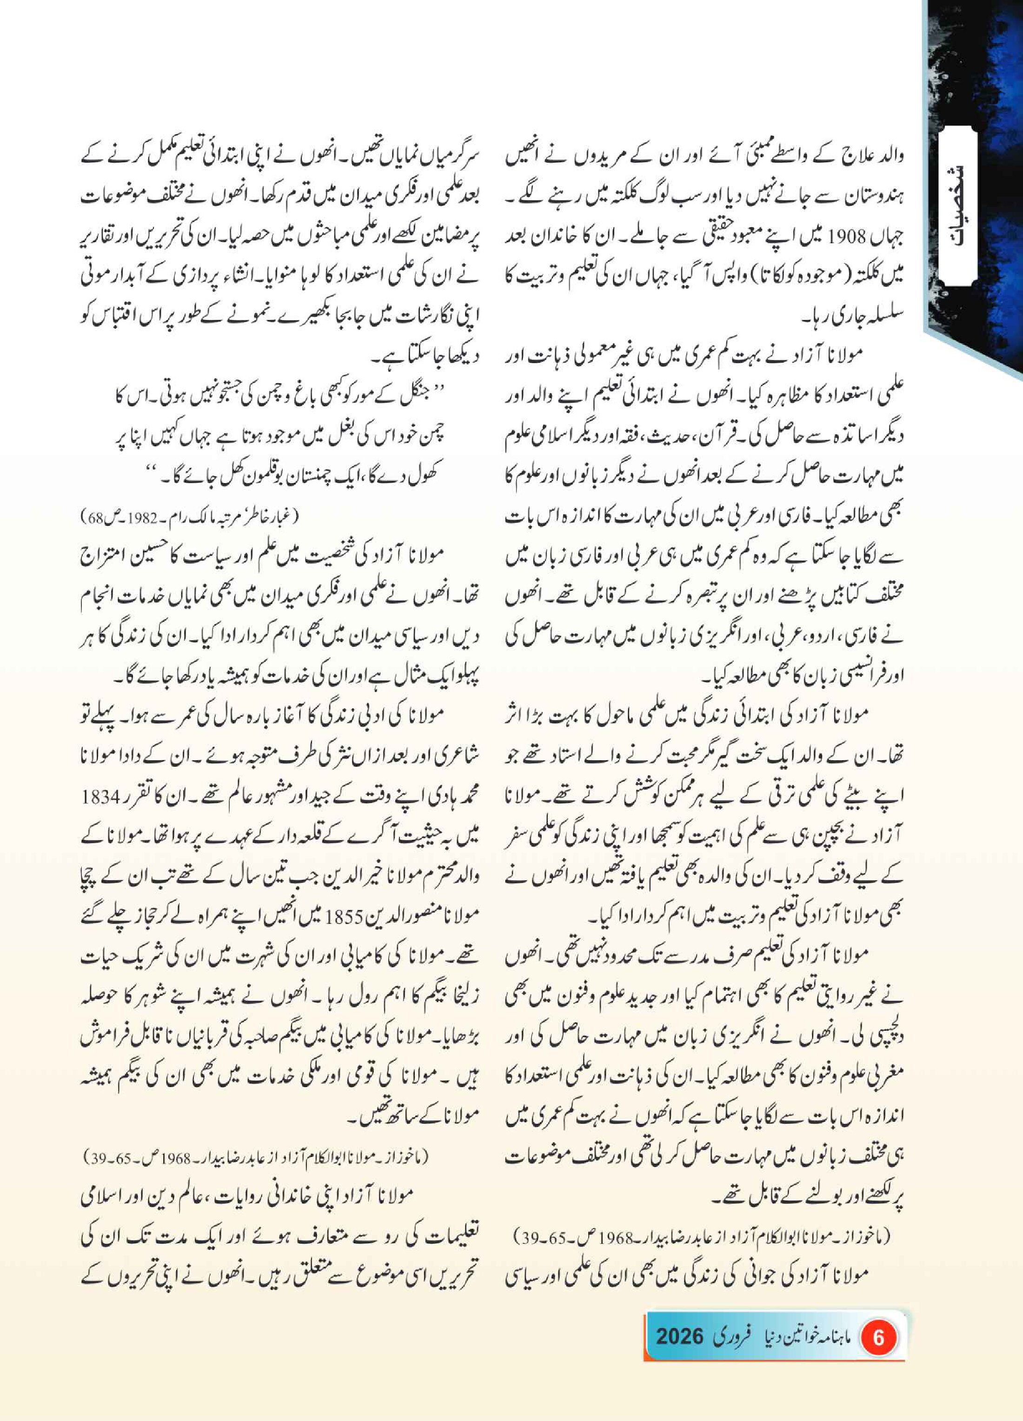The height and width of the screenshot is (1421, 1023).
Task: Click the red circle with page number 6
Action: pyautogui.click(x=878, y=1338)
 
